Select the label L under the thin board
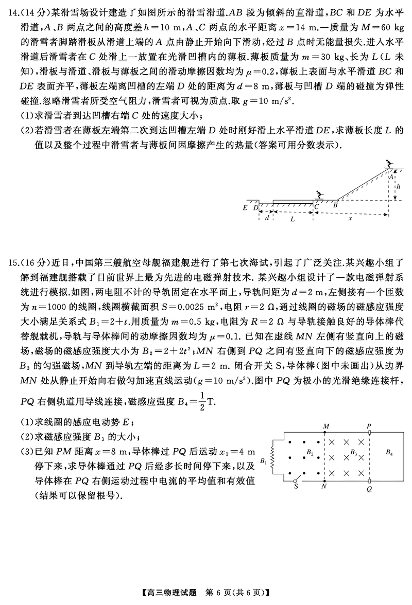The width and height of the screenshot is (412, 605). point(293,218)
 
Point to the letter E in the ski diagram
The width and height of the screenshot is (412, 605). point(245,208)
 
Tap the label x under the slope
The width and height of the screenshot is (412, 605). point(350,218)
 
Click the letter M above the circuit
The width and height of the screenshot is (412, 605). point(325,426)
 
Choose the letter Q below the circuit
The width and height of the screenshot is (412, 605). point(369,489)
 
